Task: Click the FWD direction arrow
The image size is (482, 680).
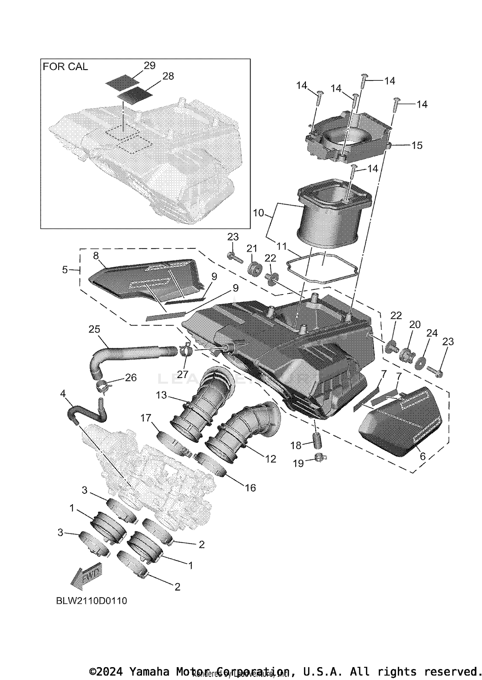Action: click(x=86, y=578)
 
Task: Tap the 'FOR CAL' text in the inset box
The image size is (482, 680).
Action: click(x=65, y=67)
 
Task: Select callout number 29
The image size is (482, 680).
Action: click(x=149, y=66)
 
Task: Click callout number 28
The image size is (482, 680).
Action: click(x=168, y=76)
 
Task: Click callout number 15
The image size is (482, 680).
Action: click(x=417, y=145)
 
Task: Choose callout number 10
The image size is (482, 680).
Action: click(x=258, y=213)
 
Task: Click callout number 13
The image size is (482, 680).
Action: click(x=161, y=395)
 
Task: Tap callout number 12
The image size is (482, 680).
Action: click(x=271, y=459)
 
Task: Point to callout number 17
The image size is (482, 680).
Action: click(x=146, y=418)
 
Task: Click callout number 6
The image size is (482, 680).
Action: click(x=423, y=456)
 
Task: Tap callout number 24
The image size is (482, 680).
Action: click(x=432, y=333)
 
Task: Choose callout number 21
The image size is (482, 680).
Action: click(x=252, y=249)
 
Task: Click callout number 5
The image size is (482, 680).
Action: click(x=65, y=270)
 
